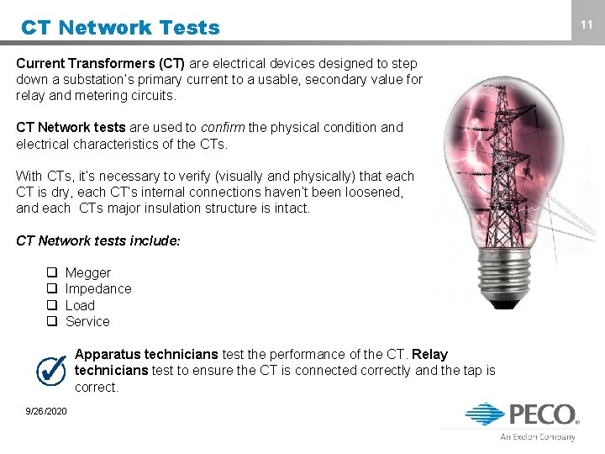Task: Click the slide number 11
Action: [x=587, y=25]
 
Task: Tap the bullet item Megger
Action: [x=88, y=272]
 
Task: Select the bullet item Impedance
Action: [x=98, y=288]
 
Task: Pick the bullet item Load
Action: [x=80, y=305]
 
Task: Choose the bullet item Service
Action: [x=87, y=321]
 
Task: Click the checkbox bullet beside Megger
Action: [x=51, y=272]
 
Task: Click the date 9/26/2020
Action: [x=47, y=410]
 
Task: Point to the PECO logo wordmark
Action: [x=541, y=414]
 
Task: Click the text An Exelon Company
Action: [x=538, y=437]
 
